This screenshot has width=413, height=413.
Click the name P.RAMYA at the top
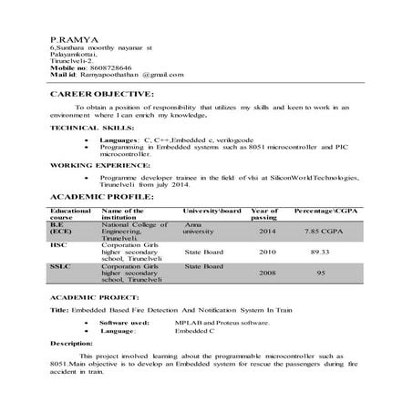pyautogui.click(x=68, y=40)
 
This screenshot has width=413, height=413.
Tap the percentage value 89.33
pyautogui.click(x=319, y=251)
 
